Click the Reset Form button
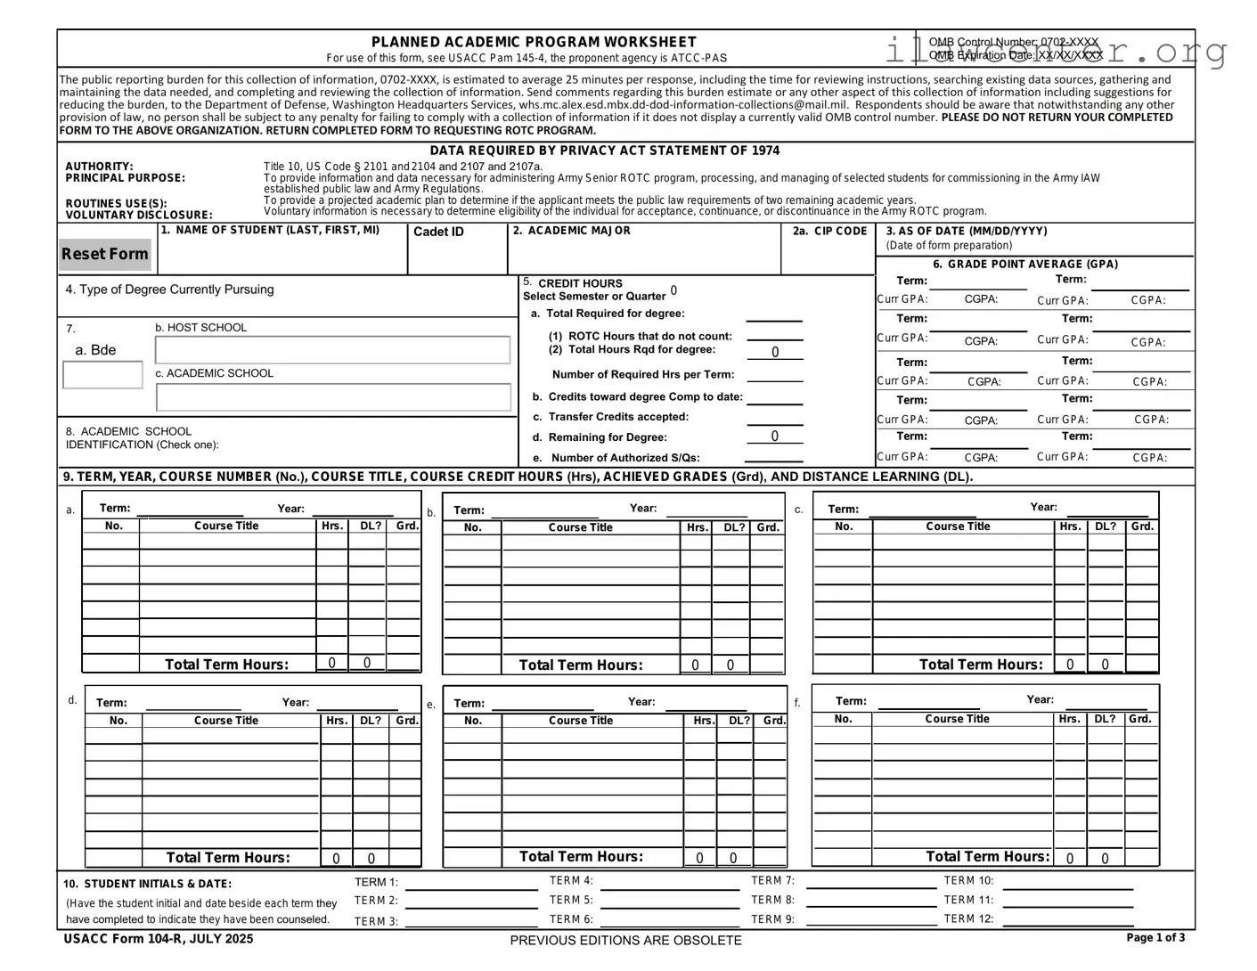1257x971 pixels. (x=105, y=255)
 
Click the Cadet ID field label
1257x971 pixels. (x=438, y=233)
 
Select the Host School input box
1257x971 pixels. (x=333, y=350)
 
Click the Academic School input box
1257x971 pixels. (x=333, y=397)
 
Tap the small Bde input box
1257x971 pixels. (x=102, y=375)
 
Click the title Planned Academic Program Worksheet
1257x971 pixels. (x=534, y=42)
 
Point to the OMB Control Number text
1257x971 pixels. (x=1013, y=43)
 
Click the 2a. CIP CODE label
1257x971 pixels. (x=829, y=232)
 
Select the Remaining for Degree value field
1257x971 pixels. (x=774, y=437)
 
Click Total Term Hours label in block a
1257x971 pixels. (x=226, y=665)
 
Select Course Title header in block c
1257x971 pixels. (x=958, y=526)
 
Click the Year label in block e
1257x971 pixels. (x=641, y=702)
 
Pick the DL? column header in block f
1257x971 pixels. (x=1105, y=719)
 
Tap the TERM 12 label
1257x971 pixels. (x=968, y=919)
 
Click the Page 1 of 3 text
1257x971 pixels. (x=1155, y=937)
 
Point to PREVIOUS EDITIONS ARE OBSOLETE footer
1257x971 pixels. (x=625, y=941)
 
